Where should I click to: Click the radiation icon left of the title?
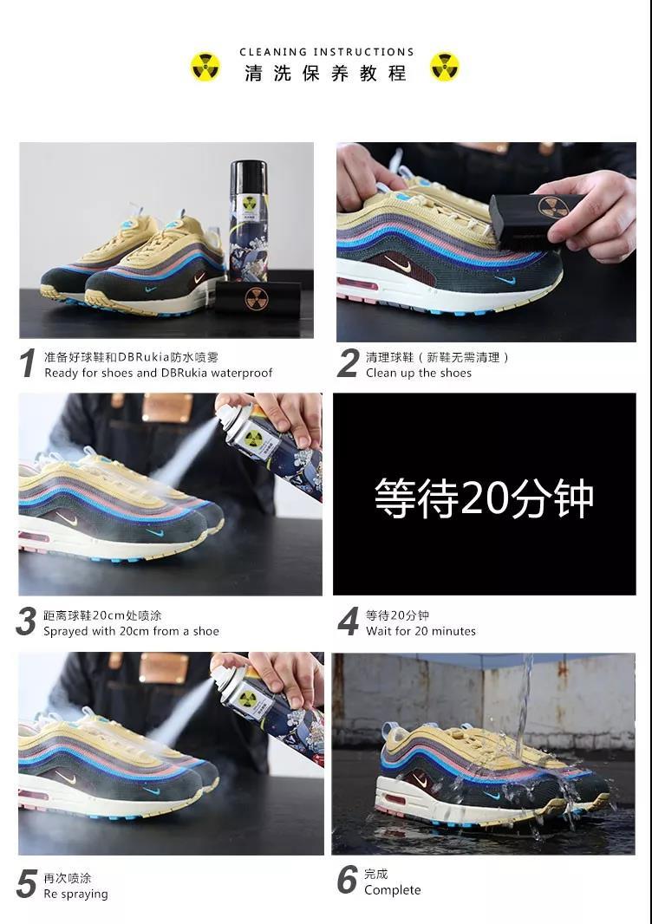(x=205, y=67)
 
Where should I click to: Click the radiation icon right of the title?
(x=445, y=67)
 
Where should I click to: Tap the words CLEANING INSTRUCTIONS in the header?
(x=326, y=52)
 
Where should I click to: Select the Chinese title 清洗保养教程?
(x=326, y=74)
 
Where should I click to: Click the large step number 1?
(x=28, y=364)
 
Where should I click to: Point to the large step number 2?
(x=348, y=364)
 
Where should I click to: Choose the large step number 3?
(x=28, y=622)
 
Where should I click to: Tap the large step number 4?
(x=348, y=622)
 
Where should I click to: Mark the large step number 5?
(x=28, y=884)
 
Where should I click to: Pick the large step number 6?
(x=348, y=881)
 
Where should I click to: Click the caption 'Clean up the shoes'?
(x=419, y=373)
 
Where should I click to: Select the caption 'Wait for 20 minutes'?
(x=421, y=631)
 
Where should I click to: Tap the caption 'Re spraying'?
(x=76, y=894)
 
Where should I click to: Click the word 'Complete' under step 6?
(x=393, y=890)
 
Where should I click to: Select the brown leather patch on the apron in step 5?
(x=164, y=668)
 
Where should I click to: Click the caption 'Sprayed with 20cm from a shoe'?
(x=132, y=631)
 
